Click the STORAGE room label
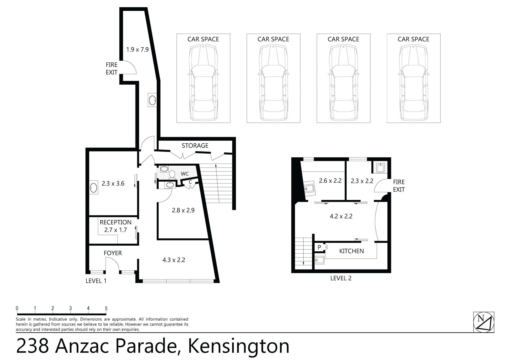[195, 145]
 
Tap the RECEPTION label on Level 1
[116, 222]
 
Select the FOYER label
[113, 253]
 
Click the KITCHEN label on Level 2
[351, 251]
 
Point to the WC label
[185, 174]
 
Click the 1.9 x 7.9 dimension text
[137, 49]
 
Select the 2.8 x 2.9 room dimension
[183, 210]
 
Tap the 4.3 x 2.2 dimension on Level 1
[174, 260]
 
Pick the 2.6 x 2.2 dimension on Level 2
[330, 181]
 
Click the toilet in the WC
[172, 175]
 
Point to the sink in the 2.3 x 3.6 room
[93, 188]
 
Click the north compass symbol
[484, 322]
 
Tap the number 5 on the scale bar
[106, 308]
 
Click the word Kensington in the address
[239, 346]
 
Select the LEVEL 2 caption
[341, 278]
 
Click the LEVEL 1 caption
[96, 281]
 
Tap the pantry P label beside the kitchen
[319, 247]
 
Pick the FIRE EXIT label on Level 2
[399, 186]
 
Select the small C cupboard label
[190, 182]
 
